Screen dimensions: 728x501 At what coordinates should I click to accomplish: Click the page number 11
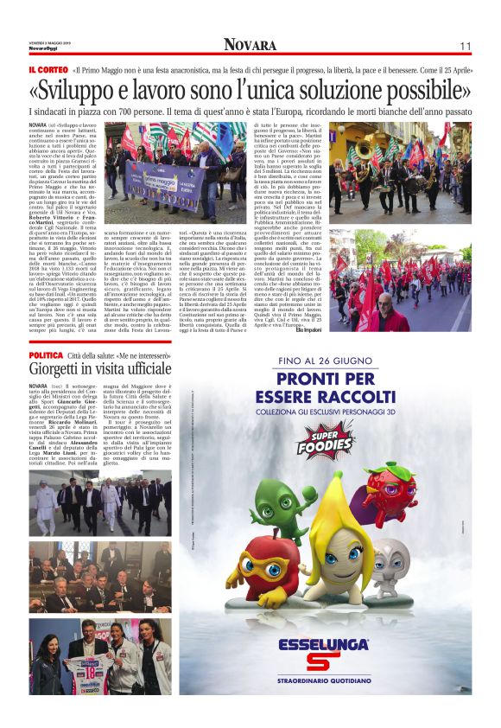tap(465, 46)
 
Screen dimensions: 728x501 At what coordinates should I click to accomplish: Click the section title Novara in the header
tap(250, 45)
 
